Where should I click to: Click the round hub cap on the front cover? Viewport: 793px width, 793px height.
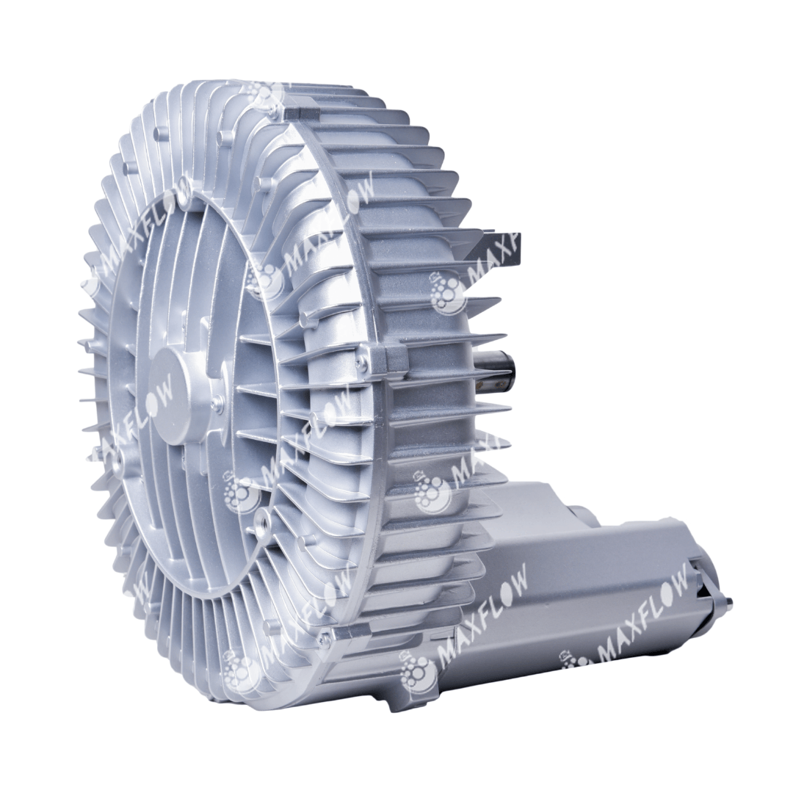(x=183, y=394)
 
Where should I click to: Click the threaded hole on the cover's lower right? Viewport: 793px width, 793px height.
(x=263, y=516)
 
